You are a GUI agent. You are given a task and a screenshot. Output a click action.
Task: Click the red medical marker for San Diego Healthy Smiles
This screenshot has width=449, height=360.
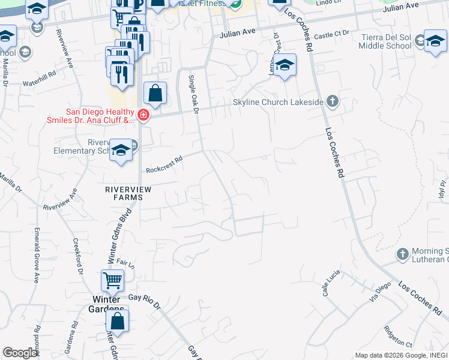click(143, 114)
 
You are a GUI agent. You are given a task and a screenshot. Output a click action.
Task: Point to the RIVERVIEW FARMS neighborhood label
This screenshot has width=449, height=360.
click(124, 193)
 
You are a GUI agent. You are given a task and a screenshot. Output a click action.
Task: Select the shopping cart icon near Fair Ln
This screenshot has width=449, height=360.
click(112, 280)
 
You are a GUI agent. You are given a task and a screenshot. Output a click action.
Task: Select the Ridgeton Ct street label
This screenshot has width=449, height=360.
click(397, 337)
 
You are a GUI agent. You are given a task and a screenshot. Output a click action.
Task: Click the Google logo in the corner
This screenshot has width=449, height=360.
click(20, 352)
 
